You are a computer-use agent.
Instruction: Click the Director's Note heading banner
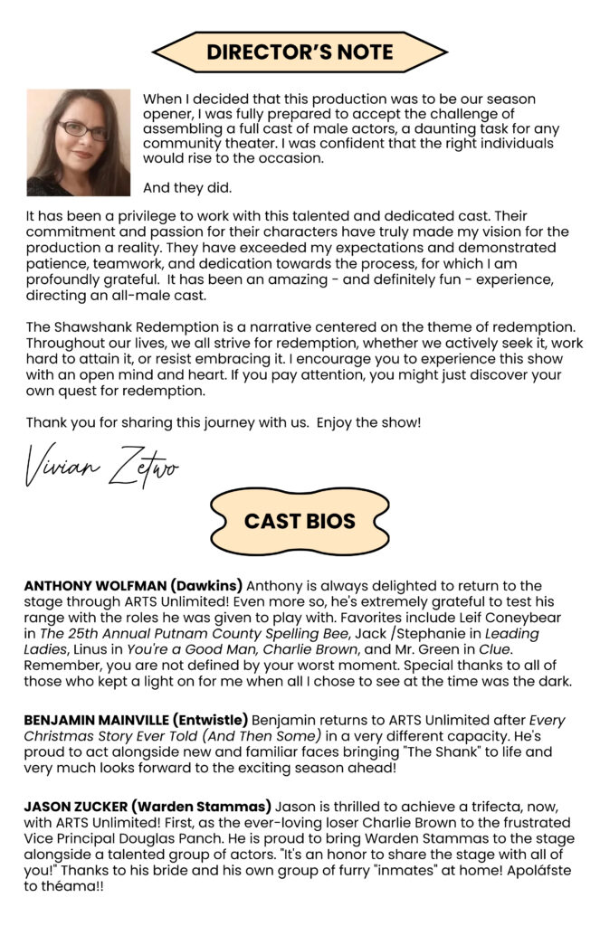tap(300, 52)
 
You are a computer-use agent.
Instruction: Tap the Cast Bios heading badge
tap(300, 522)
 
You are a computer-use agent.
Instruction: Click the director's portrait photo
tap(79, 142)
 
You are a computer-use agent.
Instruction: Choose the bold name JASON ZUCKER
tap(77, 808)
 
